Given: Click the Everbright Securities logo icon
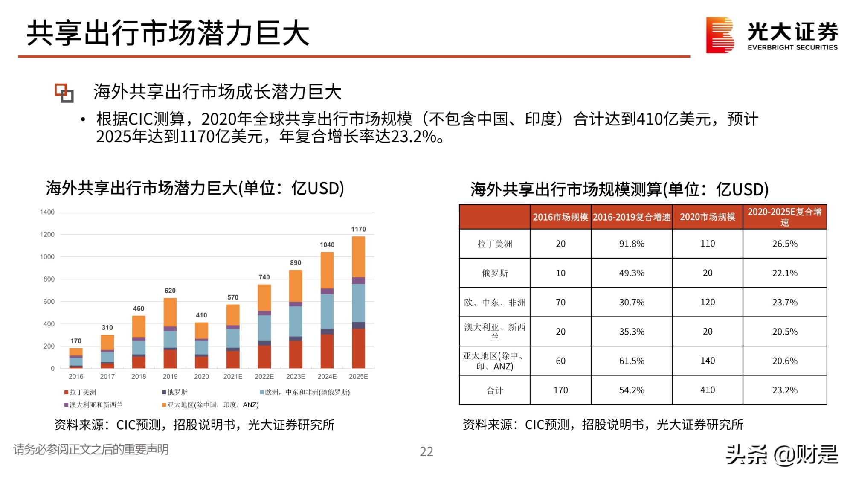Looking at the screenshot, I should [x=720, y=35].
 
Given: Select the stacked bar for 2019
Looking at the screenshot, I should [x=170, y=333].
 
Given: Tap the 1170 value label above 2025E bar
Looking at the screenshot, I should [x=358, y=229].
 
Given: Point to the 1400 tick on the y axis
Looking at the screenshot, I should [x=47, y=212].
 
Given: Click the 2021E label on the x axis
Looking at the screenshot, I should [x=233, y=376].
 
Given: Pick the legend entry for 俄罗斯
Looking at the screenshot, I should [x=175, y=392].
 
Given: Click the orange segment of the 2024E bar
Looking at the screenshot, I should [x=327, y=270].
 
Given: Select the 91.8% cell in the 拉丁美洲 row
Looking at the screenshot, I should [x=632, y=244].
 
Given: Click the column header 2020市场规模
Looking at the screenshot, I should [x=708, y=217].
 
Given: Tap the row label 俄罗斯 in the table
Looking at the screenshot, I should [x=495, y=273].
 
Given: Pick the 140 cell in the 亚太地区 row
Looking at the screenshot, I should [x=708, y=361].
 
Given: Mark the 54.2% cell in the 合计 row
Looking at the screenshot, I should [x=632, y=390].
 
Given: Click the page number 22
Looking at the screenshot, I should [x=426, y=451].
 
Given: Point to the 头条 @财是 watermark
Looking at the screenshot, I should [x=782, y=454].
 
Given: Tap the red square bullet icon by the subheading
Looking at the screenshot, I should [x=64, y=93].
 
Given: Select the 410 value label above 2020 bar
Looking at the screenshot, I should [x=201, y=315].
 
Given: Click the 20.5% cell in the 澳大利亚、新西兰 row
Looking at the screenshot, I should [x=785, y=332].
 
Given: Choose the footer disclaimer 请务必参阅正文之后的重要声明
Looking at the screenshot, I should [x=91, y=449].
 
